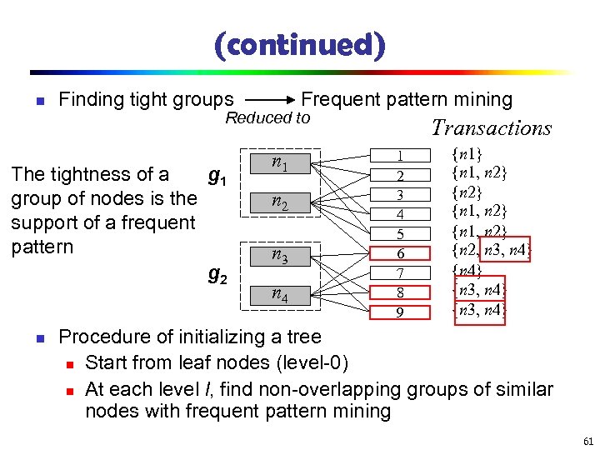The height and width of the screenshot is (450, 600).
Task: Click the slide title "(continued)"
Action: (x=300, y=44)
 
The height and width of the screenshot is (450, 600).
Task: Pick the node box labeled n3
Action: (x=279, y=257)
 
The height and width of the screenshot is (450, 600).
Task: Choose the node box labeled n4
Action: (x=279, y=296)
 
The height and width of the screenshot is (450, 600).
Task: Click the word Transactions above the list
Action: (x=491, y=128)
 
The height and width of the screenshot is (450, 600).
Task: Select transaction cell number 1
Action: (x=400, y=156)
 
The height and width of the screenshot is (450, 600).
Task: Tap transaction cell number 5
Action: (x=400, y=233)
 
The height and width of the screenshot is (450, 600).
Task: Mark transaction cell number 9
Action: (x=400, y=312)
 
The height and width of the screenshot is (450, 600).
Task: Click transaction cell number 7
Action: (x=400, y=273)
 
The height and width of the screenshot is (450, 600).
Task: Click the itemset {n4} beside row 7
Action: (x=467, y=269)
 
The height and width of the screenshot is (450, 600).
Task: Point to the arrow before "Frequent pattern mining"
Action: (x=267, y=100)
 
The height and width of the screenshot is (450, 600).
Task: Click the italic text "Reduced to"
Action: (x=267, y=118)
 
